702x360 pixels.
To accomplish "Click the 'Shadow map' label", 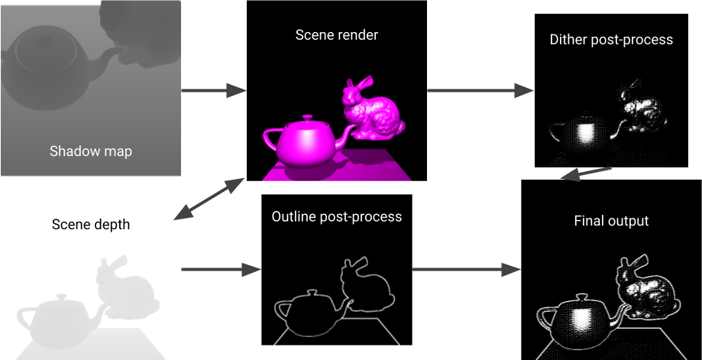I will click(90, 151).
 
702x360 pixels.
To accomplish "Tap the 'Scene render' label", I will click(337, 35).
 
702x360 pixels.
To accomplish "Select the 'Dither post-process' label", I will click(611, 39).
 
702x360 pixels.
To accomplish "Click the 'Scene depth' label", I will click(91, 225).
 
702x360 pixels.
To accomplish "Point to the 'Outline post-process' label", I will click(337, 216).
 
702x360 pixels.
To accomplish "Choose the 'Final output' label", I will click(611, 221).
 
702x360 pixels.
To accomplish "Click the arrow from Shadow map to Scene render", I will click(213, 91).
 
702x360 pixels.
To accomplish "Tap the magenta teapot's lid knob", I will click(308, 118).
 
